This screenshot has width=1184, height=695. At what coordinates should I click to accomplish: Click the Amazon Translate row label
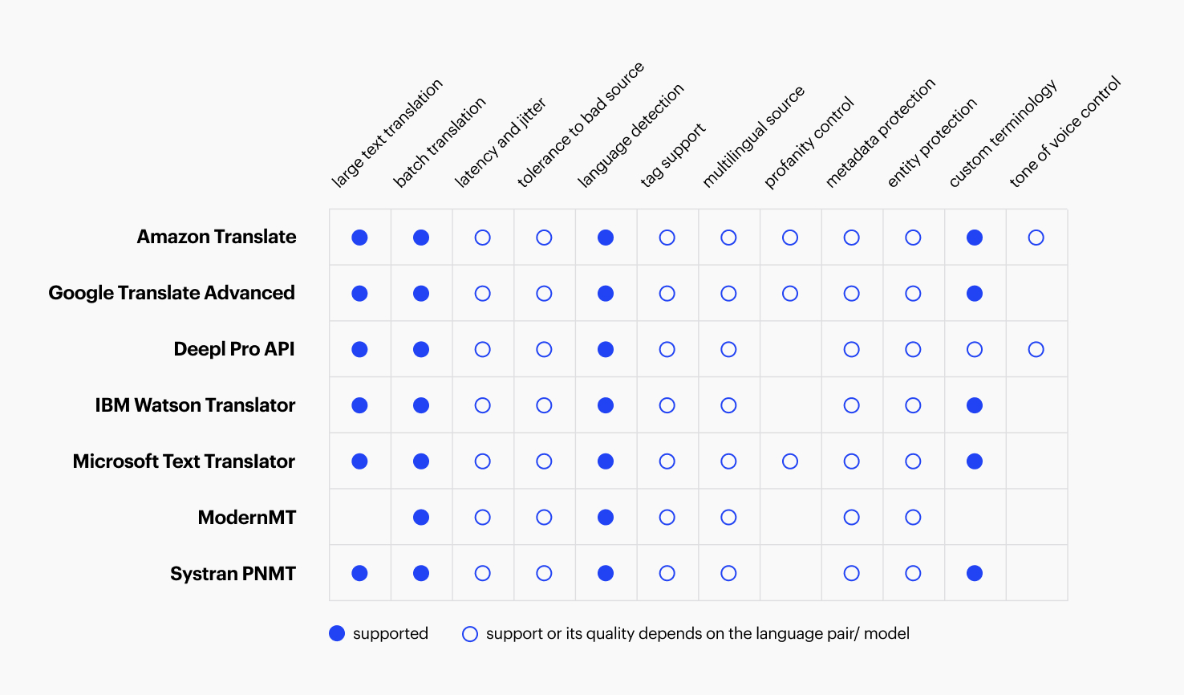click(x=217, y=237)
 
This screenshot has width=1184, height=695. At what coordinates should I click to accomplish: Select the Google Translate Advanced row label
click(x=172, y=293)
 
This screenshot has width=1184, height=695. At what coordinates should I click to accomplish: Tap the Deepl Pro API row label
click(x=234, y=349)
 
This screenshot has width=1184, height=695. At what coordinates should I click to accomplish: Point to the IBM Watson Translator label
click(x=195, y=405)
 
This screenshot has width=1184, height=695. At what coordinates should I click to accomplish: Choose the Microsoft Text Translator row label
click(x=184, y=461)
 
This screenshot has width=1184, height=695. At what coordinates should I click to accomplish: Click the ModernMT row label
click(x=247, y=518)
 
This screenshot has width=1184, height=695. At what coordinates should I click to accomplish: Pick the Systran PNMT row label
click(x=233, y=574)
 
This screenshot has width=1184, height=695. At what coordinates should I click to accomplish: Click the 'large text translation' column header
click(x=387, y=134)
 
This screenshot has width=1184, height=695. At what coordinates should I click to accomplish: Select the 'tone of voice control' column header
click(x=1064, y=132)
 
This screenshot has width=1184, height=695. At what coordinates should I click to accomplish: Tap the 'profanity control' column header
click(x=809, y=143)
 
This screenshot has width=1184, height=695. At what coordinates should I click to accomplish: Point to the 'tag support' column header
click(x=672, y=156)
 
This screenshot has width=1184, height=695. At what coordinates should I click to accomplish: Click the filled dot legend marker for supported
click(x=337, y=634)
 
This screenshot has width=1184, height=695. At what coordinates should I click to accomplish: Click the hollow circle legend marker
click(x=470, y=634)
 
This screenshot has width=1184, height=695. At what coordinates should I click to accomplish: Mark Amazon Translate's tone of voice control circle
click(x=1036, y=238)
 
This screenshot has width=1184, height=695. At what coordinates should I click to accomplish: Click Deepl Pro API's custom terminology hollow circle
click(x=975, y=350)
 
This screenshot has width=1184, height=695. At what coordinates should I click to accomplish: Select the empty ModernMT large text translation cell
click(x=360, y=518)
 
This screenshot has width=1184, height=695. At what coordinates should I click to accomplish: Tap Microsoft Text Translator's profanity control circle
click(x=790, y=461)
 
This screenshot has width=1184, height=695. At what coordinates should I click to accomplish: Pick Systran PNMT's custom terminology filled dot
click(x=975, y=574)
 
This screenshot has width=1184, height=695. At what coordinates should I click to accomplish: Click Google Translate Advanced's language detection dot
click(x=606, y=294)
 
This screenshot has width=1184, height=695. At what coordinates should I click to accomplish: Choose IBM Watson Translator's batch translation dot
click(x=421, y=405)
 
